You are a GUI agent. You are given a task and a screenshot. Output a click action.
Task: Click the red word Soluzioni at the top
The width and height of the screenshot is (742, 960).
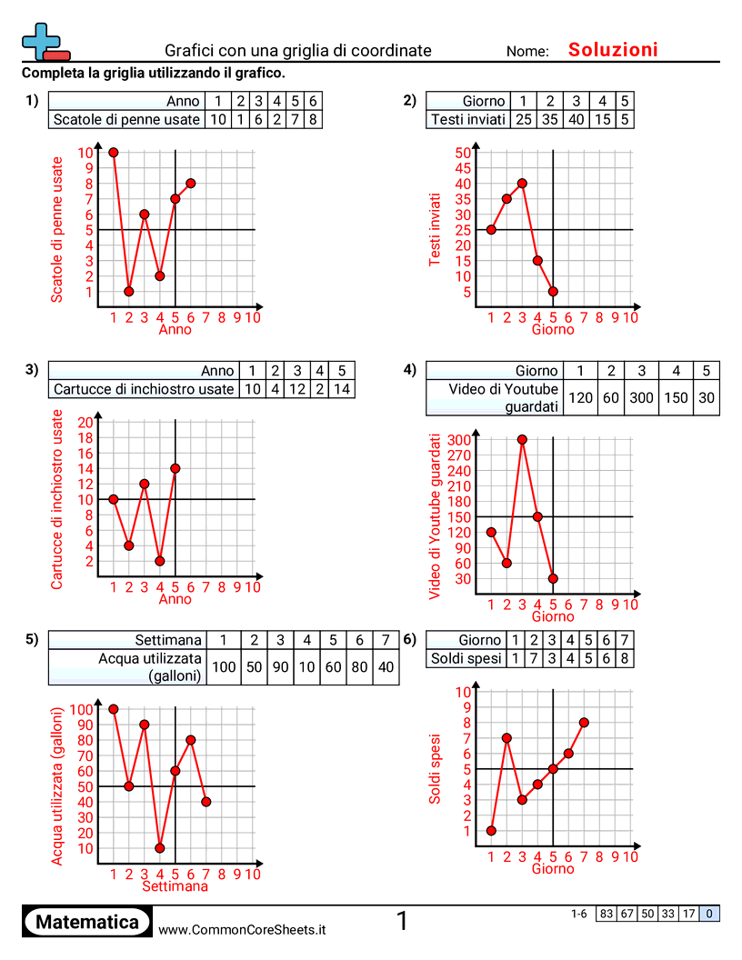pyautogui.click(x=613, y=50)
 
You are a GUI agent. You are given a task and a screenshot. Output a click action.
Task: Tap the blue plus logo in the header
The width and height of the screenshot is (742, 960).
pyautogui.click(x=43, y=40)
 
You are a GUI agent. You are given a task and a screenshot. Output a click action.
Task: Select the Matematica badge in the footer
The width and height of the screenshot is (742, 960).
pyautogui.click(x=87, y=922)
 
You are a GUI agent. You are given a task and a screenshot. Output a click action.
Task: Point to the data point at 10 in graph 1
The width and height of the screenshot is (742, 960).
pyautogui.click(x=114, y=152)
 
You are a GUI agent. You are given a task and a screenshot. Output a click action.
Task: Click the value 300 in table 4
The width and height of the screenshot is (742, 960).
pyautogui.click(x=642, y=397)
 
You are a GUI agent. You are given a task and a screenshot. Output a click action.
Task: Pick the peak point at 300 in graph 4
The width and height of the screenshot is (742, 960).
pyautogui.click(x=522, y=440)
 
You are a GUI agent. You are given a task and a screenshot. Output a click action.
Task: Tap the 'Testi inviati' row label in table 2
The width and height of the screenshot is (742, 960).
pyautogui.click(x=468, y=119)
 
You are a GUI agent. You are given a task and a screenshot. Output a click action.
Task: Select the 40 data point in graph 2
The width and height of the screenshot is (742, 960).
pyautogui.click(x=522, y=183)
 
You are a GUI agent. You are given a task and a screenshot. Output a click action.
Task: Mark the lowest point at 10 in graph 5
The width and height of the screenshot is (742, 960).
pyautogui.click(x=160, y=848)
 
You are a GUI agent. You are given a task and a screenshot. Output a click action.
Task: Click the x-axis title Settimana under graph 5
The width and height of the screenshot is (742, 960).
pyautogui.click(x=175, y=886)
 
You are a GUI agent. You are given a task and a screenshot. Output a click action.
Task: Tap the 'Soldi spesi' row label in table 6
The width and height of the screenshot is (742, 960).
pyautogui.click(x=466, y=658)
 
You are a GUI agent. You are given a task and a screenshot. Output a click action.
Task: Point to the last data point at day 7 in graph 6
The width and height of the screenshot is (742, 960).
pyautogui.click(x=584, y=723)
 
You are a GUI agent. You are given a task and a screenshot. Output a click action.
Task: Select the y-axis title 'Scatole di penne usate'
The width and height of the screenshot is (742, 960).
pyautogui.click(x=58, y=229)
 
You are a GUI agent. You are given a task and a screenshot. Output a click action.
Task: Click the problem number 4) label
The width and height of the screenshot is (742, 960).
pyautogui.click(x=409, y=370)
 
